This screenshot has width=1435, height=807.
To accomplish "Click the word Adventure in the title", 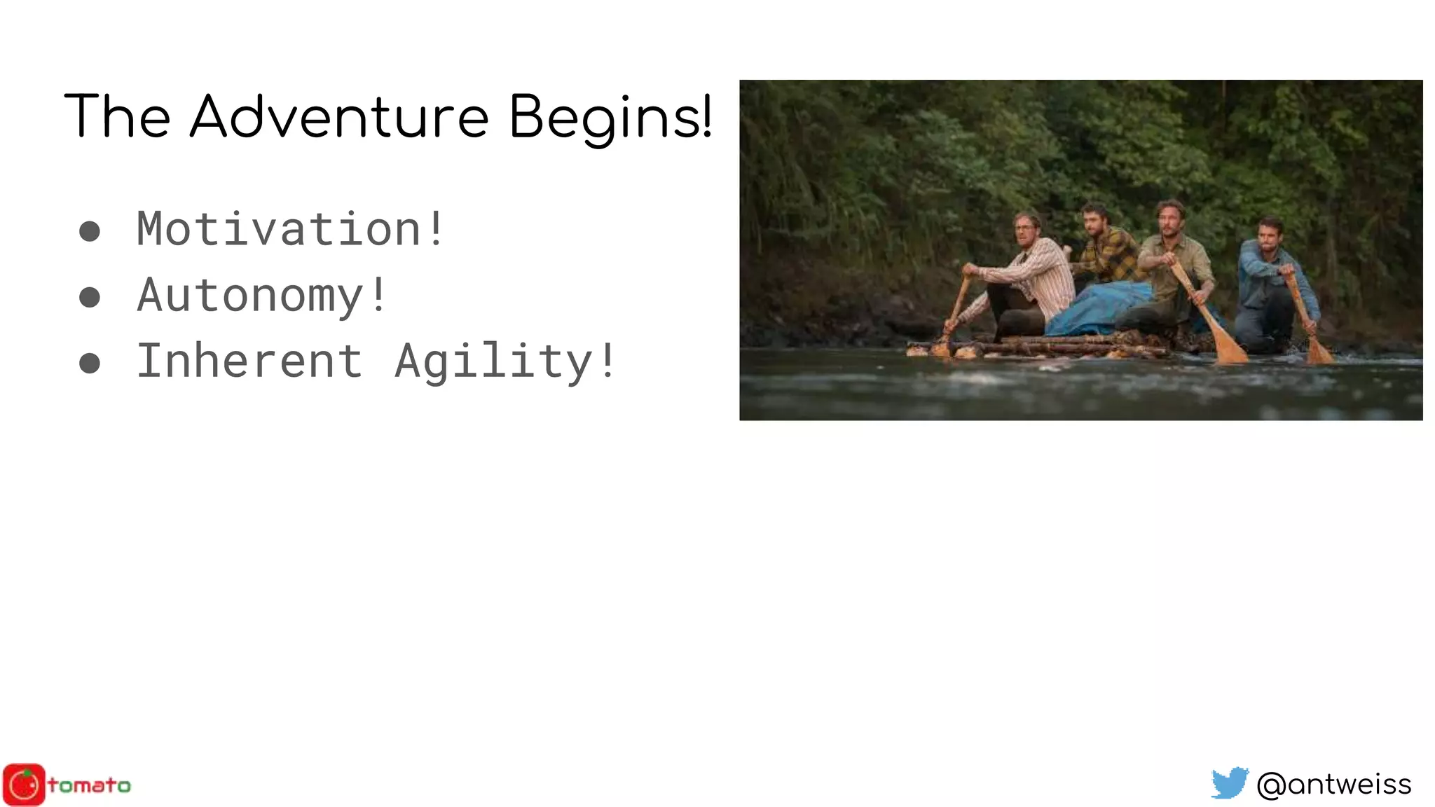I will pyautogui.click(x=339, y=116).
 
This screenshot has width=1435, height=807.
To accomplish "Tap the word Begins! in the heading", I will pyautogui.click(x=610, y=118).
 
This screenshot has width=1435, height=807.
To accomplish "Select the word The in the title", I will pyautogui.click(x=117, y=116).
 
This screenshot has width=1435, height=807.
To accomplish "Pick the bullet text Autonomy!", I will pyautogui.click(x=261, y=295).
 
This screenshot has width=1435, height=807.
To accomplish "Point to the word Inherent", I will pyautogui.click(x=249, y=361).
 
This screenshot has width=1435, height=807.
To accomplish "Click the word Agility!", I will pyautogui.click(x=504, y=362).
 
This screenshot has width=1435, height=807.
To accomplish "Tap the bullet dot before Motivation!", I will pyautogui.click(x=90, y=231).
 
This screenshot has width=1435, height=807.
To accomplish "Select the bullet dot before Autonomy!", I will pyautogui.click(x=90, y=297).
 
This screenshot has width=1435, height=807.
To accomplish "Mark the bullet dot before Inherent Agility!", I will pyautogui.click(x=90, y=363).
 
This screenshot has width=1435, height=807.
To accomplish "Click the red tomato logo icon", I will pyautogui.click(x=24, y=785).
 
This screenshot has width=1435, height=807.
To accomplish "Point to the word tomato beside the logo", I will pyautogui.click(x=89, y=785).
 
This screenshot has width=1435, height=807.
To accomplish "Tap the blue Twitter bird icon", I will pyautogui.click(x=1230, y=783).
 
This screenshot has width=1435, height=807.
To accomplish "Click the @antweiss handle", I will pyautogui.click(x=1334, y=785).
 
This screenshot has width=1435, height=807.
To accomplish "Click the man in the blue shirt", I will pyautogui.click(x=1270, y=280).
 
